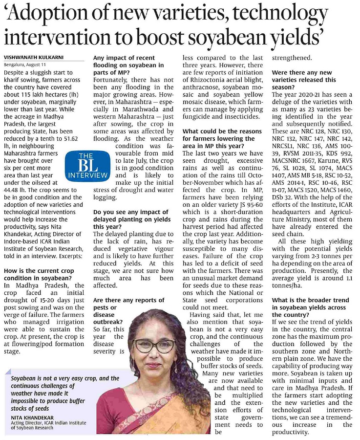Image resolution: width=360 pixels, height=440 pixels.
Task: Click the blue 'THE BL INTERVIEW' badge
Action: tap(89, 167)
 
